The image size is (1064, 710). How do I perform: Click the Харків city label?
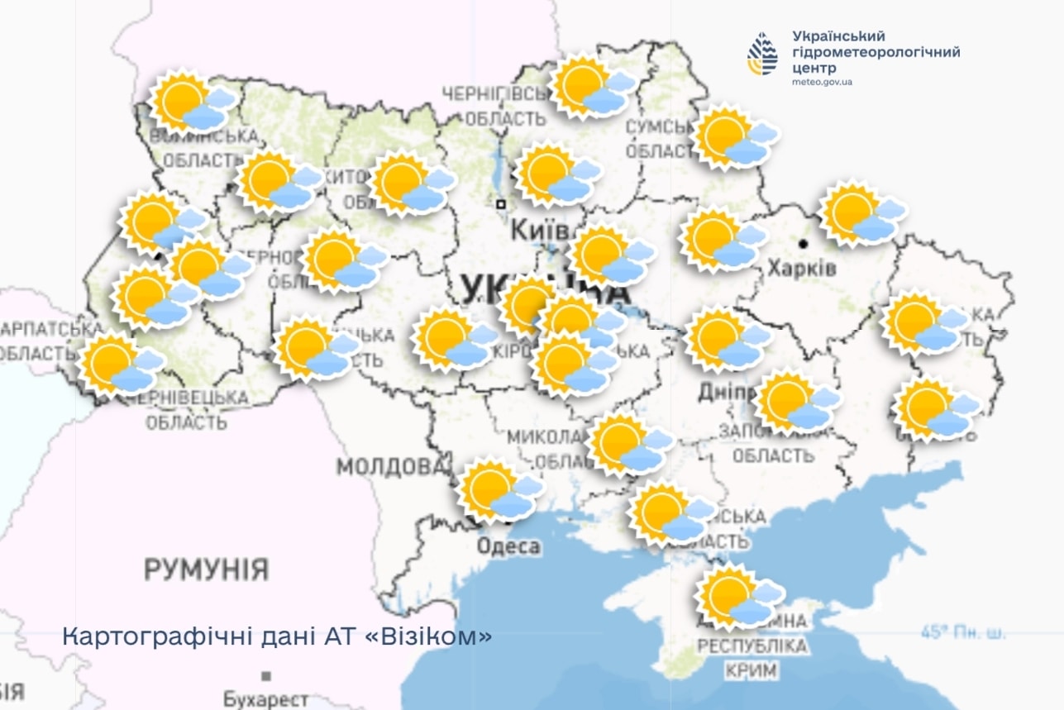click(x=801, y=269)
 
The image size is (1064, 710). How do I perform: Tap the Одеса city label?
click(x=508, y=546)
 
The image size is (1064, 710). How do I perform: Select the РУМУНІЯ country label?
click(x=207, y=569)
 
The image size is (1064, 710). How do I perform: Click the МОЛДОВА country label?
click(x=389, y=466)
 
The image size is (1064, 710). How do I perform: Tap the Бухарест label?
click(x=265, y=699)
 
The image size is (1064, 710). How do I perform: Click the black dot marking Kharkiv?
click(x=803, y=244)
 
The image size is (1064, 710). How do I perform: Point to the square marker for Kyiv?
click(x=500, y=203)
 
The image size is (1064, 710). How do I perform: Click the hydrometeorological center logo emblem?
click(x=762, y=54)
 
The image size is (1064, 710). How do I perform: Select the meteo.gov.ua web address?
click(x=822, y=83)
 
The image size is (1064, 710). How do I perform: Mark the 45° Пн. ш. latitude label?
click(x=964, y=633)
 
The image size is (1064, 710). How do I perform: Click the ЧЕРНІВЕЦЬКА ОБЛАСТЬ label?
click(x=187, y=410)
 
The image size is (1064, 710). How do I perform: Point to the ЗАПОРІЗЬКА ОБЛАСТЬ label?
click(x=772, y=444)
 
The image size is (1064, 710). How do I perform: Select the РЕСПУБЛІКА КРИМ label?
click(x=751, y=658)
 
